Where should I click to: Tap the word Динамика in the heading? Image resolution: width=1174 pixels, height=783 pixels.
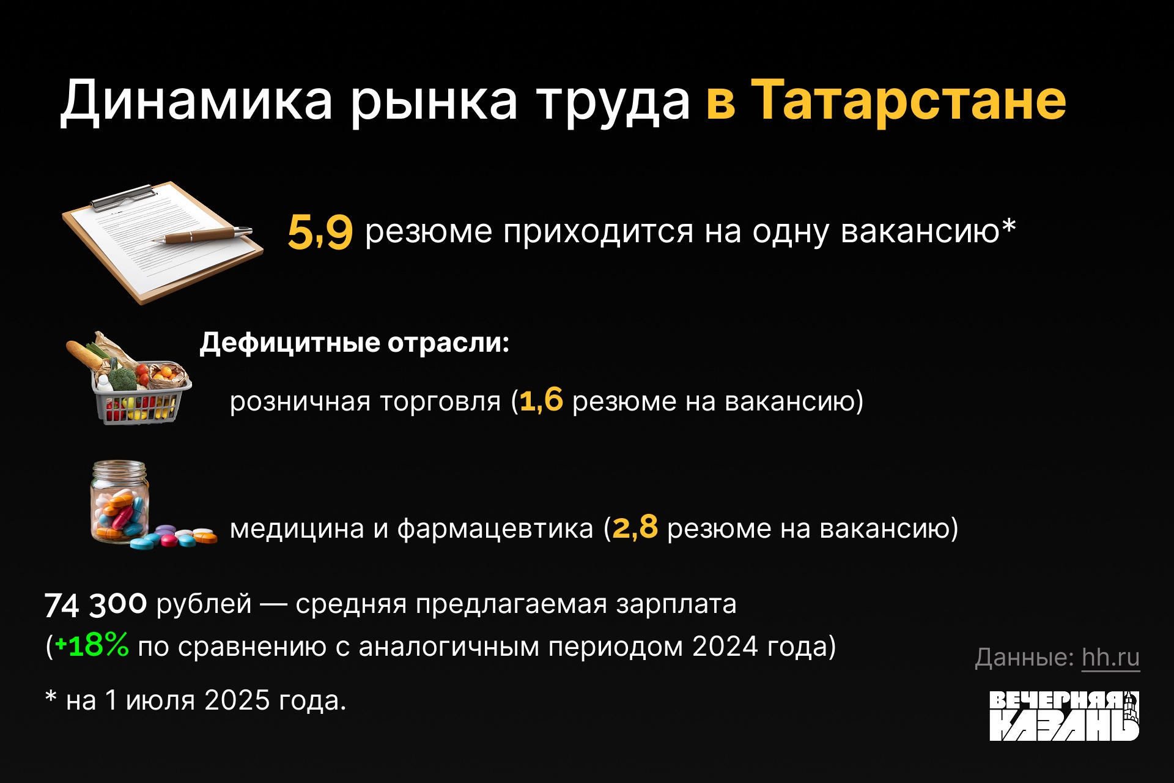[x=196, y=101]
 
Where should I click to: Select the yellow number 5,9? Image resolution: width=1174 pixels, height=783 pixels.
[x=320, y=232]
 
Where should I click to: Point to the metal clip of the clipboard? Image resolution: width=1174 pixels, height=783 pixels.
[x=123, y=197]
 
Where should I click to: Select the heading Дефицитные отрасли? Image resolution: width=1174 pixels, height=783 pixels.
[x=355, y=343]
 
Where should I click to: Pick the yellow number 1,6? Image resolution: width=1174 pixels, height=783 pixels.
[x=541, y=401]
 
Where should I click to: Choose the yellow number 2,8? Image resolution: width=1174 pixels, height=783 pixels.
[x=635, y=527]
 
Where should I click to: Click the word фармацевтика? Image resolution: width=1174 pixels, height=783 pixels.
[x=495, y=529]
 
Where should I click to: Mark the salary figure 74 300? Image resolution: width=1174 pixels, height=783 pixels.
[x=95, y=604]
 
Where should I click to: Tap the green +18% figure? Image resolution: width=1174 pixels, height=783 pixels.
[x=92, y=645]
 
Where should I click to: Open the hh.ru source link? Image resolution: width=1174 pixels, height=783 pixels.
[x=1110, y=658]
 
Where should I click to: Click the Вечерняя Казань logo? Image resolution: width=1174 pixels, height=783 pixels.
[x=1064, y=716]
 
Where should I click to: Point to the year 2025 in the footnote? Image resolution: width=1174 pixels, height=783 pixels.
[x=237, y=700]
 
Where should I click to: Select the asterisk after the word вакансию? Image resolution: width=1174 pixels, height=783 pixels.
[x=1008, y=226]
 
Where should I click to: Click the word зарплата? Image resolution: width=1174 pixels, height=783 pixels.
[x=676, y=604]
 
